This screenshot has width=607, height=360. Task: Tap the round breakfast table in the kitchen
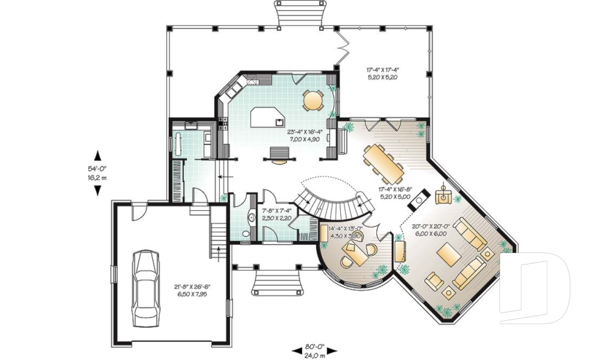[312, 100]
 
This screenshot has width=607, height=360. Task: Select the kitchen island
[266, 118]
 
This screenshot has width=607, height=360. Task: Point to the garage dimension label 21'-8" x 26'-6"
[192, 290]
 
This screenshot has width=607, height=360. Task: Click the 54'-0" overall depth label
[97, 173]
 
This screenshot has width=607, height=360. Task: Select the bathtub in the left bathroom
[179, 144]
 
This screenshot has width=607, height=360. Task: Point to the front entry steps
[276, 280]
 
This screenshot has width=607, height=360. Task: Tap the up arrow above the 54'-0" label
[97, 155]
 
